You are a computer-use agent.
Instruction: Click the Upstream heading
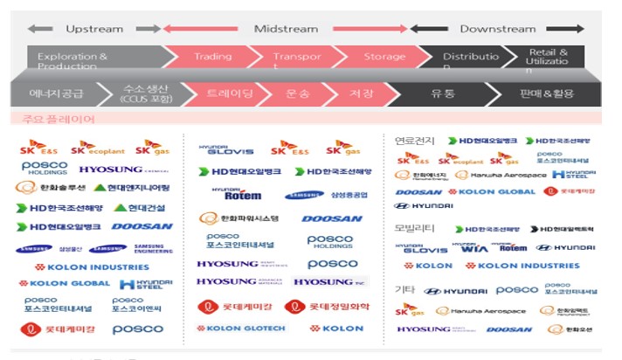[x=94, y=29]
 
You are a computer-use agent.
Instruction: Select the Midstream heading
[x=286, y=29]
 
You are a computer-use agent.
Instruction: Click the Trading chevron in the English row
[x=212, y=57]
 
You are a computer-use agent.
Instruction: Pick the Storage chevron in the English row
[x=384, y=57]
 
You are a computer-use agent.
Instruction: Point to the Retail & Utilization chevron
[x=548, y=59]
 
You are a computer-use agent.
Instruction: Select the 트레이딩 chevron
[x=225, y=92]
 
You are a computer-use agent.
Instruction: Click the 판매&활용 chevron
[x=546, y=92]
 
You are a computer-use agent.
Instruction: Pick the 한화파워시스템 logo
[x=239, y=218]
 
